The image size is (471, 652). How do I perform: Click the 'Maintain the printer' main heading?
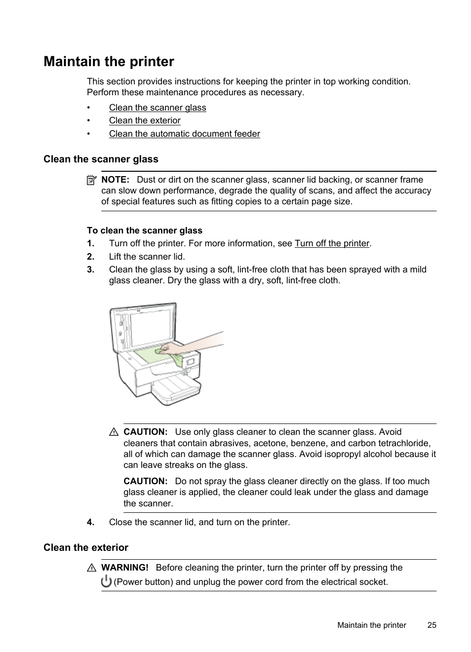[109, 62]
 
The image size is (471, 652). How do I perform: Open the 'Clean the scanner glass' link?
[157, 108]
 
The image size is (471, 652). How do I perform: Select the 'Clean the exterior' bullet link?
[145, 120]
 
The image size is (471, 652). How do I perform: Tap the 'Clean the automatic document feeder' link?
[184, 134]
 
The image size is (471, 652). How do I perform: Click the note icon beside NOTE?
[91, 180]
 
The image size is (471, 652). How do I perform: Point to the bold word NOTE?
[115, 180]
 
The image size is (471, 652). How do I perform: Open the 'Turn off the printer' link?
[332, 243]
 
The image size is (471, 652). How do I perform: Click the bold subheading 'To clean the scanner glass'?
[145, 230]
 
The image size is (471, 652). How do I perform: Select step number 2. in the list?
[90, 257]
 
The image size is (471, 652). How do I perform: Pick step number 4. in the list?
[90, 522]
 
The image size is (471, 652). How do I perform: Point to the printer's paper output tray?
[175, 387]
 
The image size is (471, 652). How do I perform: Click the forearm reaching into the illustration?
[202, 342]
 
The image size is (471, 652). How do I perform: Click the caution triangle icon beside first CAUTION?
[114, 432]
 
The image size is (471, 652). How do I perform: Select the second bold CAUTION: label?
[145, 481]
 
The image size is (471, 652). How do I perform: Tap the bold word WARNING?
[124, 568]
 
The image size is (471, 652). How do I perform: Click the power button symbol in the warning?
[106, 581]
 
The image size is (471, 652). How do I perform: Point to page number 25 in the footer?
[432, 625]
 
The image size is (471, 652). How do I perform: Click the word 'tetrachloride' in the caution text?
[404, 443]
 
